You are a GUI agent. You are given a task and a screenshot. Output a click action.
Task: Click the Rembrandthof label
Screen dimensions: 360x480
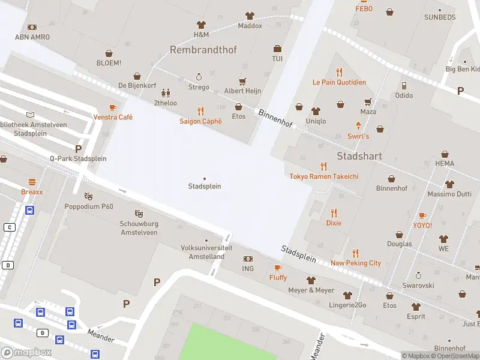pos(203,50)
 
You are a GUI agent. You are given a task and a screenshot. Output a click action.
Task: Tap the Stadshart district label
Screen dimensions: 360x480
pos(359,156)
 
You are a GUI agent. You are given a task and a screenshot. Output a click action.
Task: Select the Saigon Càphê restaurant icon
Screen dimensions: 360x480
pos(200,111)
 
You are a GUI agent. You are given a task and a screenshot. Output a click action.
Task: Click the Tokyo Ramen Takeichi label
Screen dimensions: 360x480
pos(324,176)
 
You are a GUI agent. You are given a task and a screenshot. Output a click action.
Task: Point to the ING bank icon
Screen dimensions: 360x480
pos(248,259)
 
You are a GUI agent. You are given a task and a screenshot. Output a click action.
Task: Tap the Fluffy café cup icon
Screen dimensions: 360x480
pos(277,268)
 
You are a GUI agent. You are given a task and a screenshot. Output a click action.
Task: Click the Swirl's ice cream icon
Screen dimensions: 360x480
pos(359,125)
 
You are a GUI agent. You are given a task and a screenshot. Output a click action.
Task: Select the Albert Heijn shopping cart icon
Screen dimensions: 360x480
pos(242,81)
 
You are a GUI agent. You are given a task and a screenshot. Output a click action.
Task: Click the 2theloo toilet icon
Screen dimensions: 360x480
pos(166,93)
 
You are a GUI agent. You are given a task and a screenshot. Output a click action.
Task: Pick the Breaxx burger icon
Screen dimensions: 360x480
pos(32,182)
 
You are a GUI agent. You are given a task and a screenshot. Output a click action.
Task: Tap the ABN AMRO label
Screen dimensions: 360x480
pos(32,37)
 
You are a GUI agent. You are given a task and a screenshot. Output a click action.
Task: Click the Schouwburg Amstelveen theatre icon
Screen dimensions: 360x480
pos(139,214)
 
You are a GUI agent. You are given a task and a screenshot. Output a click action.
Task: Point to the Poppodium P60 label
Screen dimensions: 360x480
pos(89,206)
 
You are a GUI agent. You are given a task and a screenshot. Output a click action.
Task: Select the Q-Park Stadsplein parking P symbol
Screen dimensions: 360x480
pos(78,148)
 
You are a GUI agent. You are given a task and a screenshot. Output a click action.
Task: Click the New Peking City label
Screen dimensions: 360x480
pos(356,263)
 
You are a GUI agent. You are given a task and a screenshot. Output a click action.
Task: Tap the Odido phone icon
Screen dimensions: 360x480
pos(404,85)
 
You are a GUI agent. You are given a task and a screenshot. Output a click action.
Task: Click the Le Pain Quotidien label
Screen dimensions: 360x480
pos(339,82)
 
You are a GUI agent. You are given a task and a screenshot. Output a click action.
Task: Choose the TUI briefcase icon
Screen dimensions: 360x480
pos(277,49)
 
